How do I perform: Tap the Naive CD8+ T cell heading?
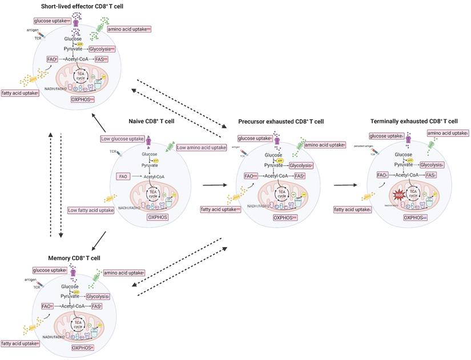161,121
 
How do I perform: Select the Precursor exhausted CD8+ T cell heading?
280,121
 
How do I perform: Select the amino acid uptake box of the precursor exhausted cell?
325,145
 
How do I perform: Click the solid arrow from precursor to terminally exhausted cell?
348,184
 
